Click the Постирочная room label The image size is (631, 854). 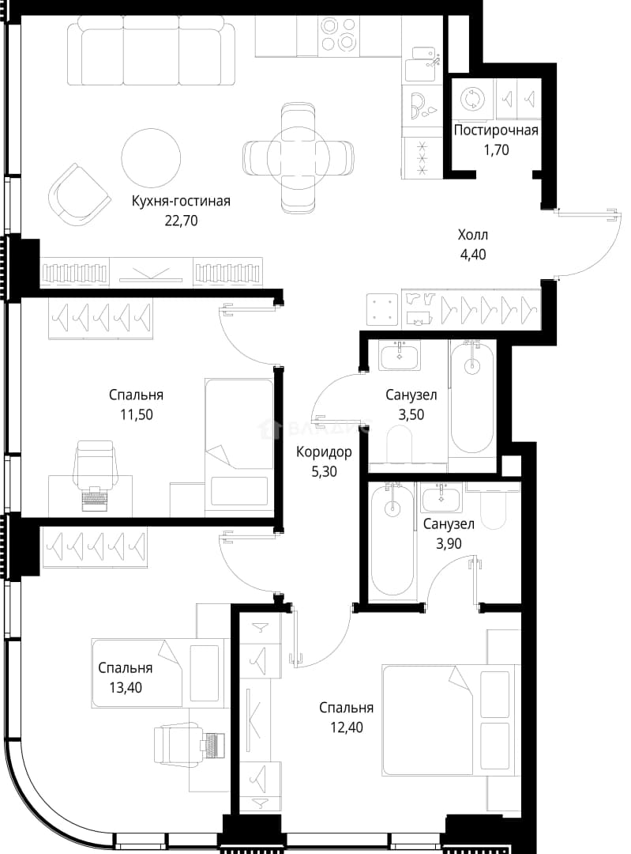tap(495, 130)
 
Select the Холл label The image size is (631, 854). tap(473, 235)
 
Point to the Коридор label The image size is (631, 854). tap(324, 452)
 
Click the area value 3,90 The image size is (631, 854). tap(449, 543)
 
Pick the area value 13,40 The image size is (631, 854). tap(126, 688)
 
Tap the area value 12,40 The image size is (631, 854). tap(347, 727)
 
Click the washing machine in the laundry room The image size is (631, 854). tap(471, 99)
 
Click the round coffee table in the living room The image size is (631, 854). tap(151, 157)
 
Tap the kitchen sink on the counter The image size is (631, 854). tap(423, 58)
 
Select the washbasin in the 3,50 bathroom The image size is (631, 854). tap(400, 356)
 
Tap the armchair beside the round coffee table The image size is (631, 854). tap(78, 195)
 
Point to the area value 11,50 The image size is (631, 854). tap(137, 415)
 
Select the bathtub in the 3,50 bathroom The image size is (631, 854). tap(472, 397)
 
